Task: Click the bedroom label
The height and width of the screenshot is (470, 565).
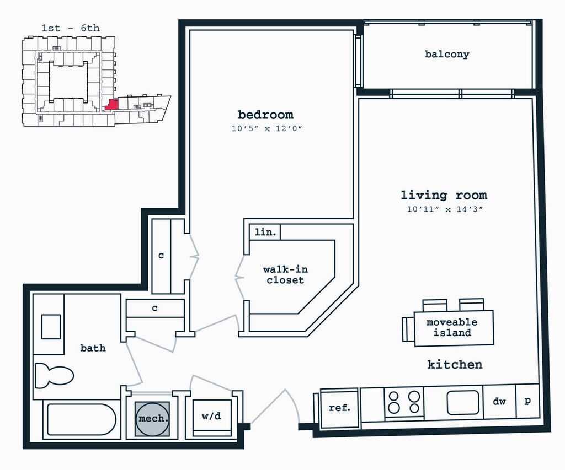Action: tap(265, 115)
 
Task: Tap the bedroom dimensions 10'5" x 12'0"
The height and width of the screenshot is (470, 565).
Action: tap(268, 129)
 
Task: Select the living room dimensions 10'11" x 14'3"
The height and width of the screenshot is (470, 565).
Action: tap(444, 209)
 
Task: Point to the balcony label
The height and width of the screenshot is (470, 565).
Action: tap(447, 55)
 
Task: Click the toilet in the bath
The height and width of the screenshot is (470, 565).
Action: tap(54, 376)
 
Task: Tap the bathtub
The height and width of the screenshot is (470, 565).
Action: tap(81, 420)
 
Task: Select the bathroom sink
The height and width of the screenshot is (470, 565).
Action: tap(51, 327)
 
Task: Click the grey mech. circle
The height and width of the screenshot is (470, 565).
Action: tap(153, 419)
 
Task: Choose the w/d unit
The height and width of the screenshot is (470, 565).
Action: tap(211, 417)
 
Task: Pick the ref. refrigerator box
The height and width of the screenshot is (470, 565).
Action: tap(339, 408)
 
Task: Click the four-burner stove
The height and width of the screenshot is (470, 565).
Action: tap(404, 402)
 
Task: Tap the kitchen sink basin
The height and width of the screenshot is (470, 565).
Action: tap(463, 403)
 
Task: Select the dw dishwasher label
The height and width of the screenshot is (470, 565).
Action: tap(499, 402)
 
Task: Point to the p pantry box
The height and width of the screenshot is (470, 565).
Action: tap(527, 401)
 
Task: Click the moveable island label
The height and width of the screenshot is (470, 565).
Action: tap(452, 327)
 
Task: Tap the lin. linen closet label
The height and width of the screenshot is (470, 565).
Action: tap(265, 233)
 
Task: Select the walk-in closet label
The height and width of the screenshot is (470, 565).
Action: tap(285, 274)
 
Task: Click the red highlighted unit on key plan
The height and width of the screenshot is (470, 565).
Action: tap(112, 104)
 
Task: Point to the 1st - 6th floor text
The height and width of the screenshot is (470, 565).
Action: tap(71, 28)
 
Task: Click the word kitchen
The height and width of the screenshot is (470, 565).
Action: tap(455, 364)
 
